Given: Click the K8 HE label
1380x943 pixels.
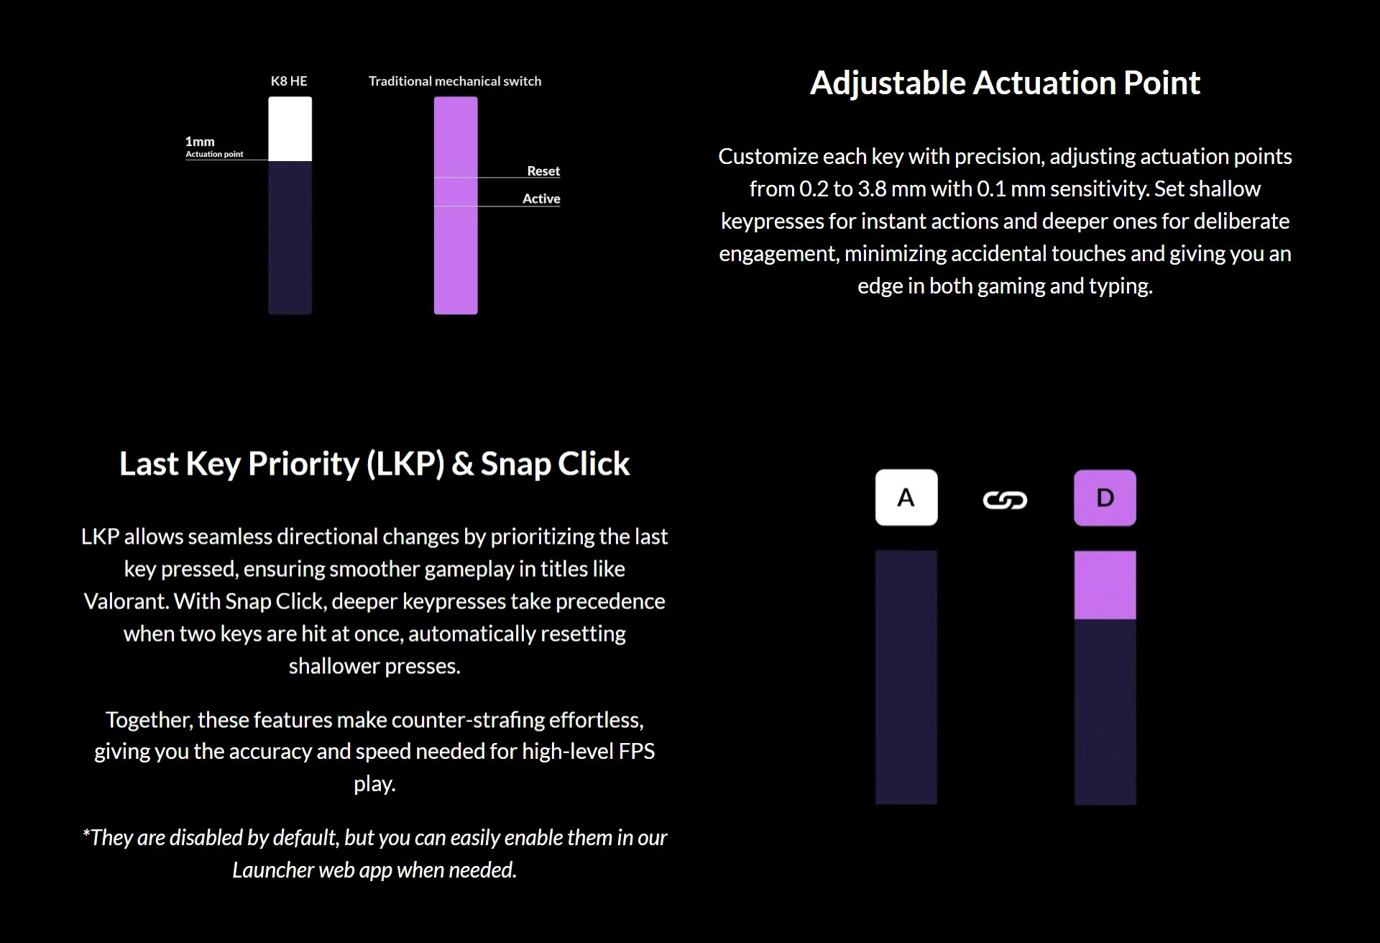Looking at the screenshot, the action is (x=289, y=81).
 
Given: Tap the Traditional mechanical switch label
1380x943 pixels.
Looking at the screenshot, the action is (x=455, y=81).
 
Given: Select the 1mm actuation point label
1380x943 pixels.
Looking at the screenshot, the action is (x=214, y=146).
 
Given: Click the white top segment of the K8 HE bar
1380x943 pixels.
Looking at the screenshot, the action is (x=290, y=129).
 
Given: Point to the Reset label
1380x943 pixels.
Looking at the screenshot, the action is (x=543, y=171).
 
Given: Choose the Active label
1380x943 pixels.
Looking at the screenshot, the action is (x=541, y=199).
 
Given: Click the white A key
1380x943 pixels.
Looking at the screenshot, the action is (x=906, y=498).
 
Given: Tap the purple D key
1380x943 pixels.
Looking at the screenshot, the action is (x=1105, y=498).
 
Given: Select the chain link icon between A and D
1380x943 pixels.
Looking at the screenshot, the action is (x=1005, y=500).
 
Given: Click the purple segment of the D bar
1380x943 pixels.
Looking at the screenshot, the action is (x=1105, y=585).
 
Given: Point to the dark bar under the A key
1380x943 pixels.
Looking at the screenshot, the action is (x=906, y=678).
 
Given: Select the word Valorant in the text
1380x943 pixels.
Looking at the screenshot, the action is (x=126, y=601).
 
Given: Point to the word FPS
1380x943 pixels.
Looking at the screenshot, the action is (x=636, y=752).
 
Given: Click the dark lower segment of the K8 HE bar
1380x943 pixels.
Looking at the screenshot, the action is (x=290, y=237).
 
